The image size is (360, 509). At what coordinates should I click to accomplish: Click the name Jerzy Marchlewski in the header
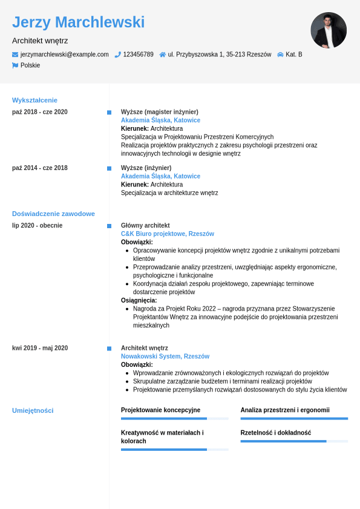[78, 22]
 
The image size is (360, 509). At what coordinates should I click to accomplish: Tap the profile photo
[329, 30]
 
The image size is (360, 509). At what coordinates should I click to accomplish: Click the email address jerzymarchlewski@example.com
[65, 54]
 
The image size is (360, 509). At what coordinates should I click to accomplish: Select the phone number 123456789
[138, 54]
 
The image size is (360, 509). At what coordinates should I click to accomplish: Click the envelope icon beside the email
[15, 54]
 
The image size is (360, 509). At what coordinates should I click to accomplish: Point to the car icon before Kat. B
[280, 54]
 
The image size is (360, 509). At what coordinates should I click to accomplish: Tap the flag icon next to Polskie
[15, 65]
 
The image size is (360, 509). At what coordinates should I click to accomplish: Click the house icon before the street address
[162, 54]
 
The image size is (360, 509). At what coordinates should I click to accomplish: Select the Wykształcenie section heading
[34, 100]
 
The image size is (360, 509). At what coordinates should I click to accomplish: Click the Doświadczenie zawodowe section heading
[53, 214]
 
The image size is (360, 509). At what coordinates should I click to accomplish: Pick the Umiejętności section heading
[33, 410]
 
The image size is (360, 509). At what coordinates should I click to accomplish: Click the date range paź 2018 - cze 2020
[40, 112]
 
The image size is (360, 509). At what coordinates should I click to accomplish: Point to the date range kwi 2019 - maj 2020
[40, 348]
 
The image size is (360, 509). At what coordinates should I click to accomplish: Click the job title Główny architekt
[145, 225]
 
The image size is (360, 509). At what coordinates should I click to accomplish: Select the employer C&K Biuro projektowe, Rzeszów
[167, 234]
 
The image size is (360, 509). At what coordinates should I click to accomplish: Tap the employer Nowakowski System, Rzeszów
[165, 356]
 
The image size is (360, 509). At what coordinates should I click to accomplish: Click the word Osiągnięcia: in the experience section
[139, 300]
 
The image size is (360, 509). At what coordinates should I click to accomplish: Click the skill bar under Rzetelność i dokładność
[294, 441]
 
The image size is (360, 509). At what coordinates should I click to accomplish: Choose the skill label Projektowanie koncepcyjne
[160, 410]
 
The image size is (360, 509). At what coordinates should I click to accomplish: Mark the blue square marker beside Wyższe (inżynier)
[109, 168]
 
